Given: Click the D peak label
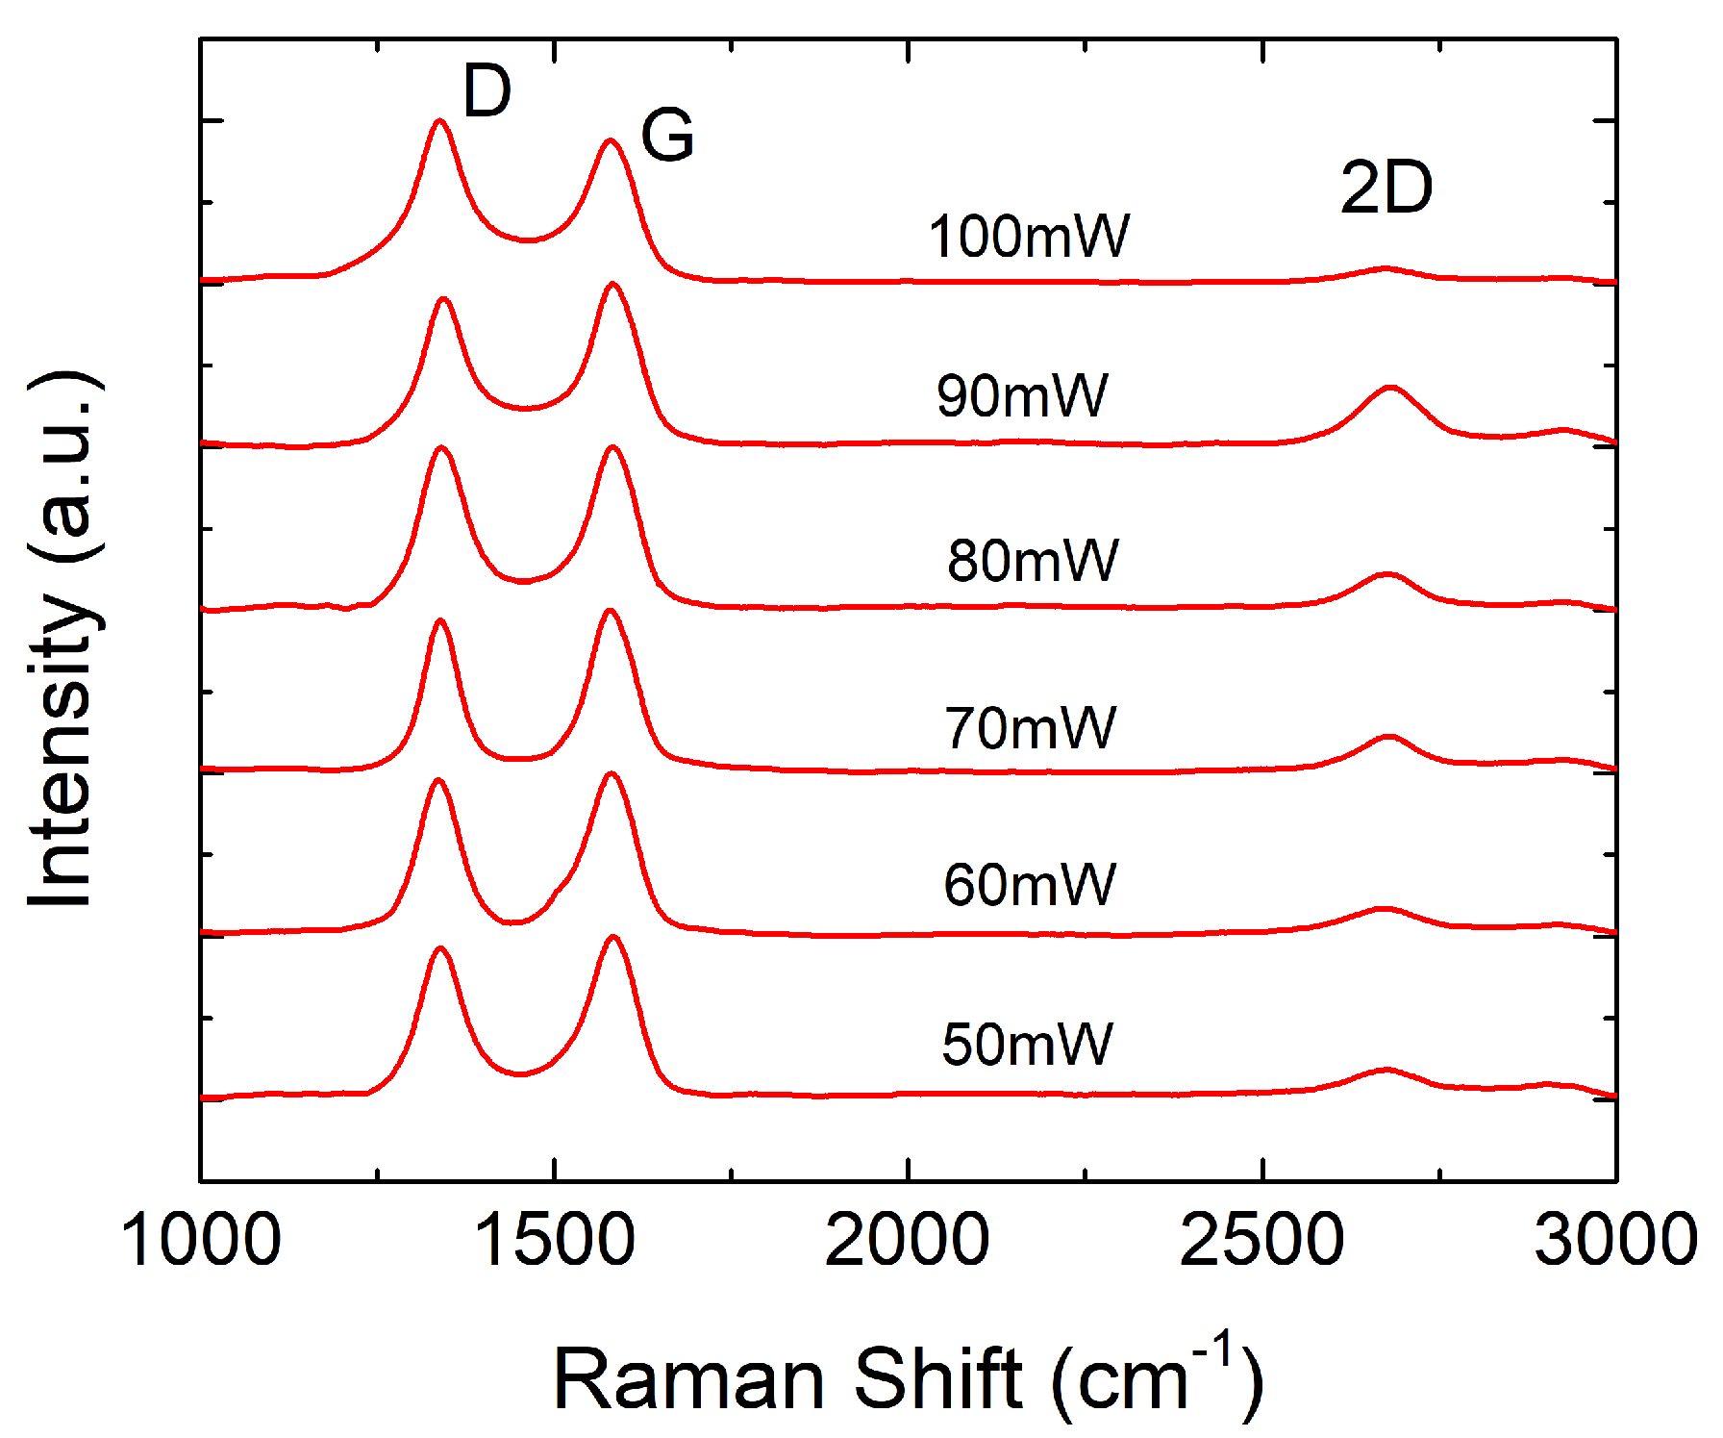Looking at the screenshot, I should tap(487, 92).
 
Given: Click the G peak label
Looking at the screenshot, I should tap(667, 135).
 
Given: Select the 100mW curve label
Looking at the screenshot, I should tap(1028, 237).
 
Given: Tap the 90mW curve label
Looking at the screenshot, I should tap(1022, 395).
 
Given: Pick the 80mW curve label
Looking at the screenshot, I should tap(1033, 561).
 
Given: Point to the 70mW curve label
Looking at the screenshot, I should tap(1030, 728).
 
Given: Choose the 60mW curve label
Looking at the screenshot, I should tap(1029, 885).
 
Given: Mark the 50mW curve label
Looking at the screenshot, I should tap(1027, 1045).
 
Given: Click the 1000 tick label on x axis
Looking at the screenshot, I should tap(201, 1241).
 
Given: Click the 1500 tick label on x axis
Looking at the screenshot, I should tap(555, 1241).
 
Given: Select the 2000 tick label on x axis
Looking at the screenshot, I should tap(908, 1241).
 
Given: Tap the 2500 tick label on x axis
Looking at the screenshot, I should tap(1261, 1241).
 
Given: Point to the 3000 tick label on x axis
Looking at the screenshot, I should tap(1615, 1241).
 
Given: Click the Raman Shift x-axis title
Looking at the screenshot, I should tap(908, 1377).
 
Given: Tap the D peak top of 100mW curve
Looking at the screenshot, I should tap(440, 121).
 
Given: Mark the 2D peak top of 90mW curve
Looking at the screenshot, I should tap(1390, 388).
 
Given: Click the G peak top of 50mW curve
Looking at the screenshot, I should tap(612, 937).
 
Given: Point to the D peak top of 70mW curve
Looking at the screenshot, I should tap(440, 620).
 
